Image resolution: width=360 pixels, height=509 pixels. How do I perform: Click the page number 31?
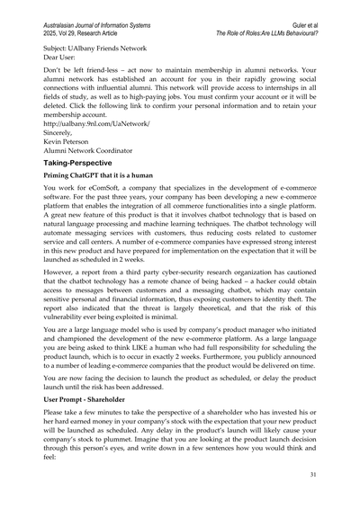tap(312, 499)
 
